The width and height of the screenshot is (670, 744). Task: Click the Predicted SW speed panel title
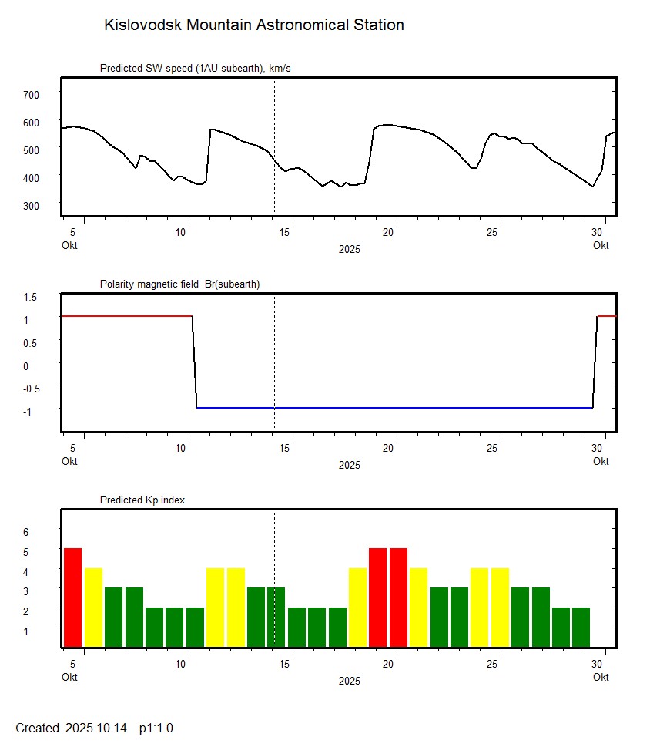tap(195, 69)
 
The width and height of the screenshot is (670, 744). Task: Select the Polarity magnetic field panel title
tap(179, 284)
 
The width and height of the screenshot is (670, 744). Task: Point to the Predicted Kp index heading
tap(142, 500)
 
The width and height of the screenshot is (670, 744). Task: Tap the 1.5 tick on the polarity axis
tap(30, 297)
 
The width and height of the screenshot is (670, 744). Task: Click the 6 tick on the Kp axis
tap(25, 532)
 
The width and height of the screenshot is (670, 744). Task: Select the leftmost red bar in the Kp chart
tap(72, 598)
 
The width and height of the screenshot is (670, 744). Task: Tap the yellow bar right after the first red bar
tap(93, 608)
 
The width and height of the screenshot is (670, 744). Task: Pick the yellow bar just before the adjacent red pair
tap(358, 608)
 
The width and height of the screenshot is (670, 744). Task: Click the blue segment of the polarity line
tap(393, 408)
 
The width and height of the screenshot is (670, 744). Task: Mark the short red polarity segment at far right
tap(607, 316)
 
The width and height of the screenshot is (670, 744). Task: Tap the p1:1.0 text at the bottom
tap(156, 729)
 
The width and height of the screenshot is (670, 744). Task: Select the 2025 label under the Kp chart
tap(349, 682)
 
